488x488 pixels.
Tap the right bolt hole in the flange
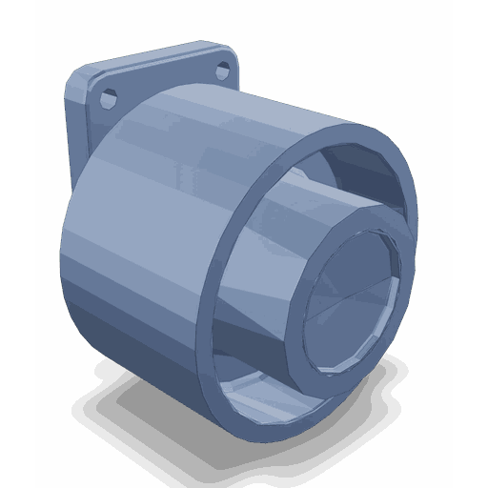click(x=223, y=70)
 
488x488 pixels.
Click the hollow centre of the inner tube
click(x=348, y=300)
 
